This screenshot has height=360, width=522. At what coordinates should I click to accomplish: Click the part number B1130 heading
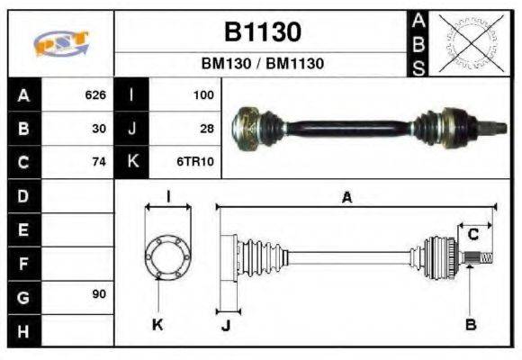coord(262,31)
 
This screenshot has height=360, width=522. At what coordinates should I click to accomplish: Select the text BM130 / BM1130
coord(262,64)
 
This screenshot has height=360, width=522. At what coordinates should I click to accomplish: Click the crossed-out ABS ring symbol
coord(467,42)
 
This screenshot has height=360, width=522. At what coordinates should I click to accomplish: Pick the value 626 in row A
coord(95,94)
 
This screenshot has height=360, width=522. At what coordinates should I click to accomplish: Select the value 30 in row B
coord(100,128)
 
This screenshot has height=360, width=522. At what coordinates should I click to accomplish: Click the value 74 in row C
coord(100,162)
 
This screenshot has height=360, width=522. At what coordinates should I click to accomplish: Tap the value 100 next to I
coord(203,94)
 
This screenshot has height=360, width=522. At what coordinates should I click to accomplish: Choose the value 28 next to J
coord(206,128)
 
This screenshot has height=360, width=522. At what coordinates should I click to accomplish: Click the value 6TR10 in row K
coord(198,162)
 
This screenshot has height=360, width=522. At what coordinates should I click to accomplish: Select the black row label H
coord(22,330)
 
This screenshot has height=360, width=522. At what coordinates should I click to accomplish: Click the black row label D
coord(22,195)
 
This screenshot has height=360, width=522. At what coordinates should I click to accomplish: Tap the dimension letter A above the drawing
coord(346,197)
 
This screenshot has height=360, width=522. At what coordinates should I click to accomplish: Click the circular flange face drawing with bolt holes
coord(167,256)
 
